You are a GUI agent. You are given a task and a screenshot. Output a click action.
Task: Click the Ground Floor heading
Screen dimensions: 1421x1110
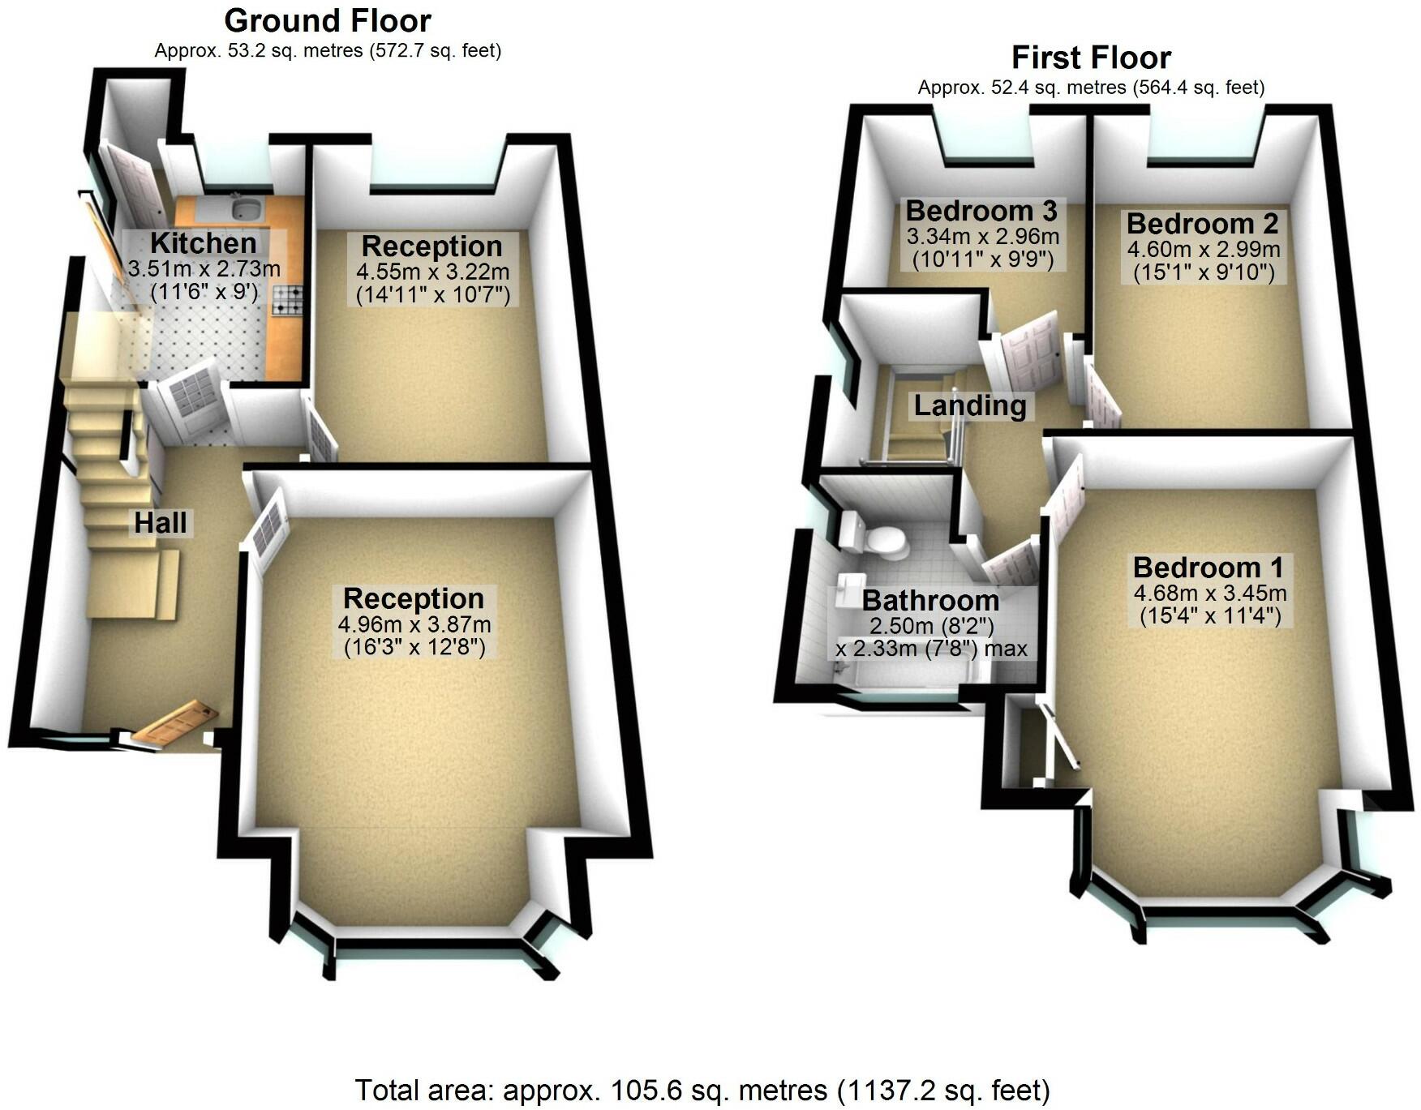pos(328,20)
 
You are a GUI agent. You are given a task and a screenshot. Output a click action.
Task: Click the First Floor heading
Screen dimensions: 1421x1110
pos(1091,58)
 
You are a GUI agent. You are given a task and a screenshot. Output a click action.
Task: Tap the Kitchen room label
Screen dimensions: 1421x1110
pos(204,242)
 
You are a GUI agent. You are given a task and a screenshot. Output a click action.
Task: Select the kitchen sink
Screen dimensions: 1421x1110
pos(245,209)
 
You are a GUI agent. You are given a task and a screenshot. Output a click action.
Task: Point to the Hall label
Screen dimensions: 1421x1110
pos(161,523)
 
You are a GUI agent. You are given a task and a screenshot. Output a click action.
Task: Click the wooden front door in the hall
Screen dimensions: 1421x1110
pos(175,723)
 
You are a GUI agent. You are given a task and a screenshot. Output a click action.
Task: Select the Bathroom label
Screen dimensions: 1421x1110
pos(930,600)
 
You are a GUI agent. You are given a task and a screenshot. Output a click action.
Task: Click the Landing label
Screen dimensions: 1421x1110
pos(970,405)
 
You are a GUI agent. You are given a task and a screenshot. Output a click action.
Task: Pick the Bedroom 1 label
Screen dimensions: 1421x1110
pos(1208,567)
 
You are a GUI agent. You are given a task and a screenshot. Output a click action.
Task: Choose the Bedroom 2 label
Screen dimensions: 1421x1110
pos(1202,223)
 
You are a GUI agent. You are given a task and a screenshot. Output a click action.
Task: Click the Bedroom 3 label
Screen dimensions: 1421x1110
pos(981,211)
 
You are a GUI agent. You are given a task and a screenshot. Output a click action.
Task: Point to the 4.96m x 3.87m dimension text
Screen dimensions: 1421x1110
pos(414,624)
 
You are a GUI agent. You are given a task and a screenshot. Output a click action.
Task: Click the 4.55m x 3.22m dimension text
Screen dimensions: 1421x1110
pos(432,272)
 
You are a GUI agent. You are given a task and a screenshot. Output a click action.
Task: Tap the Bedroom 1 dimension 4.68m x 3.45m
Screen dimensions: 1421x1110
pos(1209,593)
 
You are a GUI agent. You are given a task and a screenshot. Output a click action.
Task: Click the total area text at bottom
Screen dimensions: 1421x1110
pos(702,1091)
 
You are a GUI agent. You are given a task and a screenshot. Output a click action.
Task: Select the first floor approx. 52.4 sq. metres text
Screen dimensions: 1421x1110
pos(1091,87)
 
